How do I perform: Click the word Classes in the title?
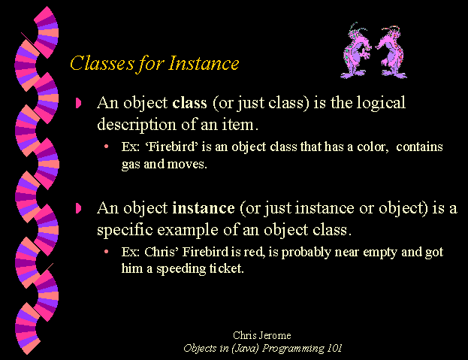(102, 63)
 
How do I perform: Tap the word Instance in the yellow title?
(204, 63)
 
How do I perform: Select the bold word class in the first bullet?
(189, 103)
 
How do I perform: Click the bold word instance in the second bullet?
(204, 208)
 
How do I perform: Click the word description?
(137, 125)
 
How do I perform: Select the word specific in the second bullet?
(125, 230)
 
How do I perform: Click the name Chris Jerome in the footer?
(261, 335)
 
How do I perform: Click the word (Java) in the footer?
(245, 349)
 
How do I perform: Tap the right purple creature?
(391, 53)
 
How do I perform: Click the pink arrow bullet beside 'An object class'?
(78, 103)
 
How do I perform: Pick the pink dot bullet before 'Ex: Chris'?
(106, 252)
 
